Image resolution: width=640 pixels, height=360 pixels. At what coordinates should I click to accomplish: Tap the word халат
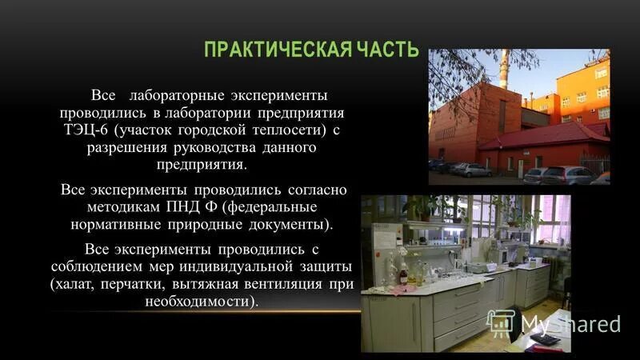[x=74, y=283]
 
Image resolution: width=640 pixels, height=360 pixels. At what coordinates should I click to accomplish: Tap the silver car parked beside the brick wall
[x=472, y=170]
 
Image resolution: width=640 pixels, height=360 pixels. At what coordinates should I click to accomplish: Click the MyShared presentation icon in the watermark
[x=500, y=322]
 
